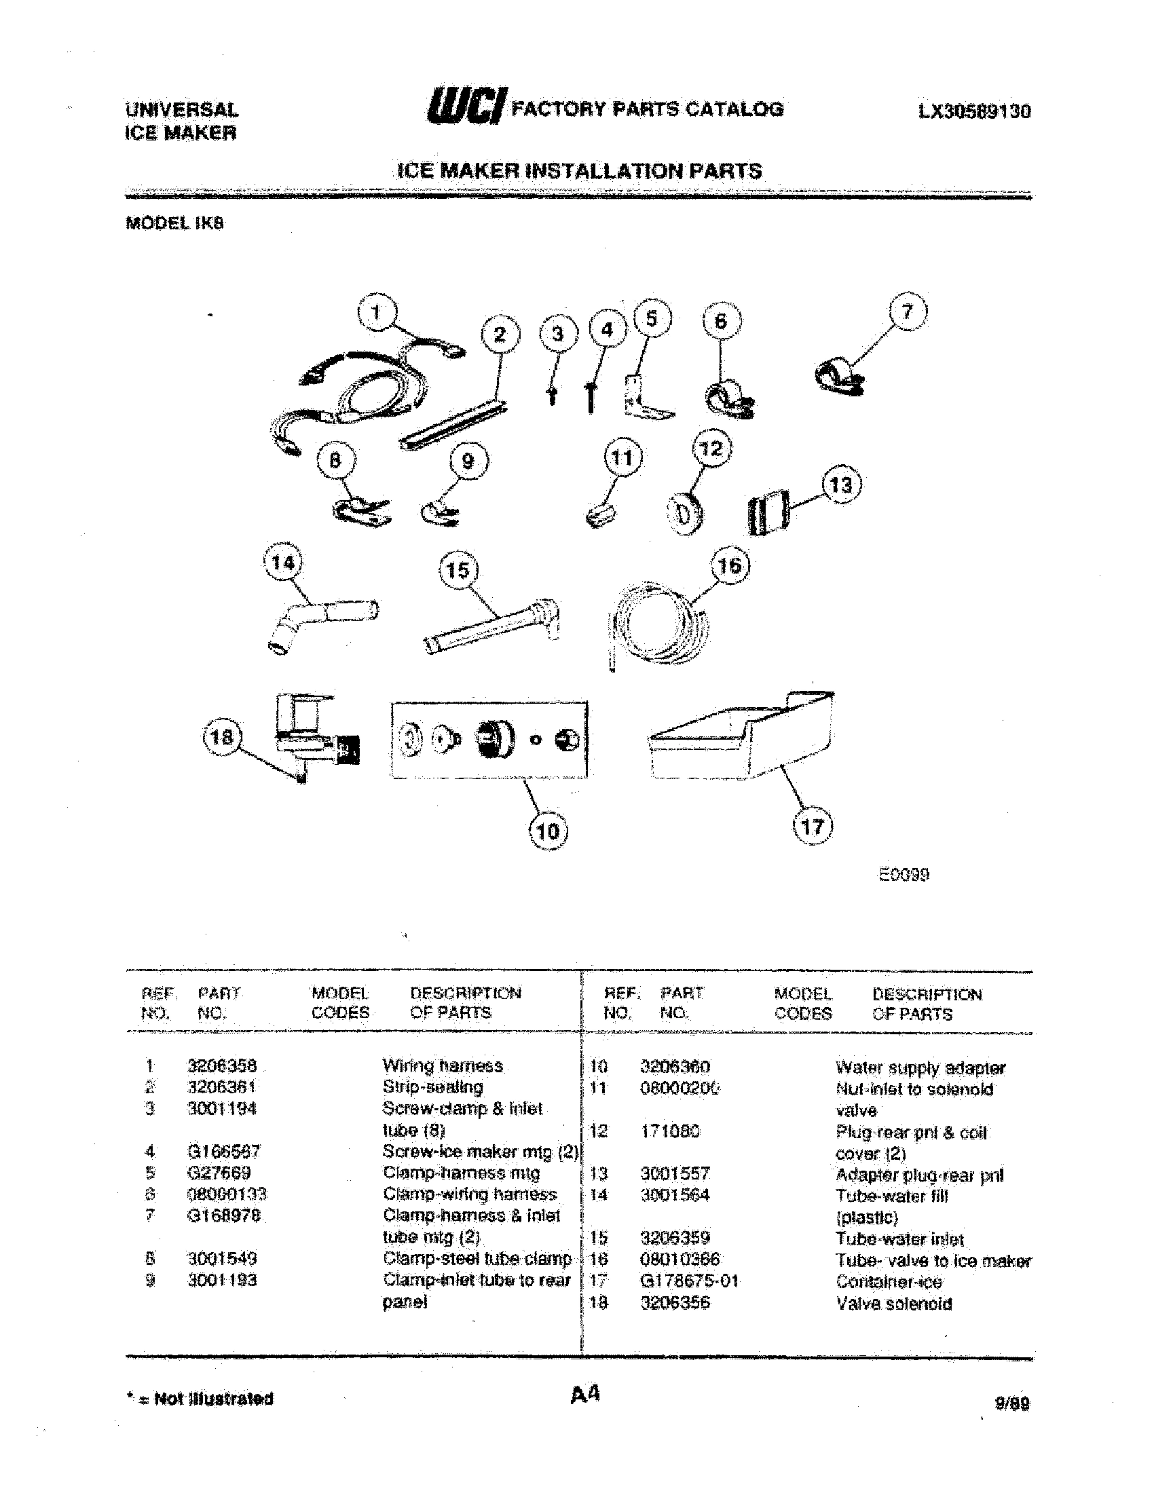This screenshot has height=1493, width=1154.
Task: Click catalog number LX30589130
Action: click(x=974, y=111)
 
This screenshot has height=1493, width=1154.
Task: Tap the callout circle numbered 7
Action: click(x=906, y=312)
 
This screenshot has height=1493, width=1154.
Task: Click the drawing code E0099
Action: click(x=903, y=874)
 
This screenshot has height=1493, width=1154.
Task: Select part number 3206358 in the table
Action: click(x=222, y=1065)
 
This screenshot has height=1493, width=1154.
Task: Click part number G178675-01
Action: click(x=689, y=1281)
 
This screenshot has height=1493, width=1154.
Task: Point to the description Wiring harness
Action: click(x=443, y=1065)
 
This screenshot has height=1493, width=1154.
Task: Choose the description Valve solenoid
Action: click(x=893, y=1303)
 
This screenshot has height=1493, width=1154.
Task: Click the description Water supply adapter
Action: click(x=920, y=1067)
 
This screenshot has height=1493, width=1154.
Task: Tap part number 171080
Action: click(x=670, y=1131)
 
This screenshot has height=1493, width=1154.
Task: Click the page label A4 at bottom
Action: click(x=585, y=1393)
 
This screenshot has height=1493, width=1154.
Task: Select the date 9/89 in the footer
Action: click(x=1013, y=1403)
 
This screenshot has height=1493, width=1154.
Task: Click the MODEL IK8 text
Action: click(x=175, y=223)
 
